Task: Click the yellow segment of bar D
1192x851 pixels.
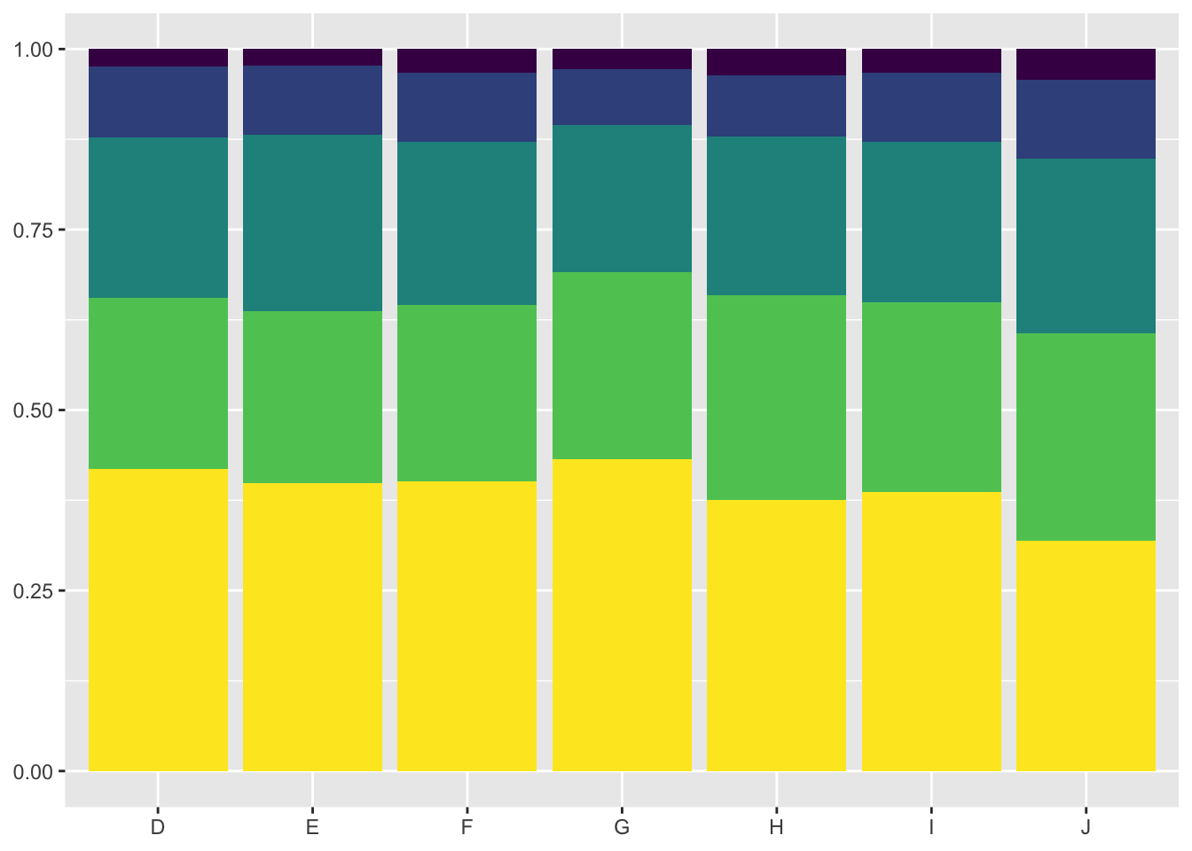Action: (158, 620)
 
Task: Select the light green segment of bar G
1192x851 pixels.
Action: (622, 365)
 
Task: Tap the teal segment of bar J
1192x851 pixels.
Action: (1086, 246)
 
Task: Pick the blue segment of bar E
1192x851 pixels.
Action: (312, 100)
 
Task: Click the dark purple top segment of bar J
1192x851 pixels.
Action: (1086, 65)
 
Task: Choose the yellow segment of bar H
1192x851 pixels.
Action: (776, 635)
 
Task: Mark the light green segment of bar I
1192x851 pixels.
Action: (931, 396)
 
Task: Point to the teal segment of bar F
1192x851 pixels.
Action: (467, 223)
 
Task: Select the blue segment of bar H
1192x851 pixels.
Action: (776, 105)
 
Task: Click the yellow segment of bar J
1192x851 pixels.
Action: (1086, 655)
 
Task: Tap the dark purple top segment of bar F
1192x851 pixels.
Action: (467, 60)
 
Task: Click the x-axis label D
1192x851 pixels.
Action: (158, 828)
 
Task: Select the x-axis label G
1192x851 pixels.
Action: (622, 828)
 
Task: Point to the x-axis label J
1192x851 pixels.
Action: (1086, 828)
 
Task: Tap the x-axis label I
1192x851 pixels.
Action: (931, 828)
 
